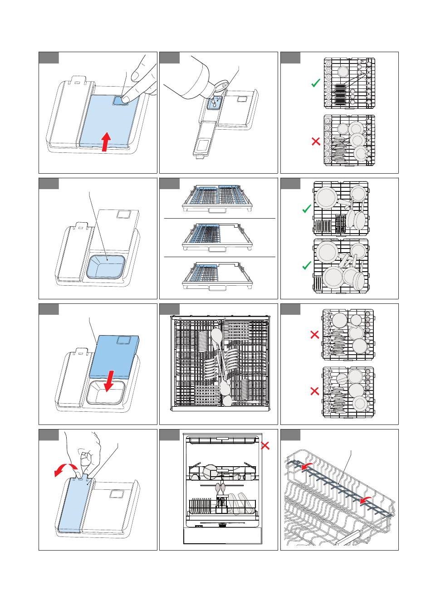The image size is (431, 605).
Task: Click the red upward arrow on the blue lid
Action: coord(105,141)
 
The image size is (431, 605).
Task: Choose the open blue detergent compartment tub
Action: coord(105,266)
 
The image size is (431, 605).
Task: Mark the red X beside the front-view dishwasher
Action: coord(265,445)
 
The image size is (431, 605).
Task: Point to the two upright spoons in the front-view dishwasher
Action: coord(220,488)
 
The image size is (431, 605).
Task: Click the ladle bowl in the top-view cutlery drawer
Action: coord(216,336)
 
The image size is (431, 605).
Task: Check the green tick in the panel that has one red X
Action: coord(315,83)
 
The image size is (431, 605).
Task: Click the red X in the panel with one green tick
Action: coord(316,141)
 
